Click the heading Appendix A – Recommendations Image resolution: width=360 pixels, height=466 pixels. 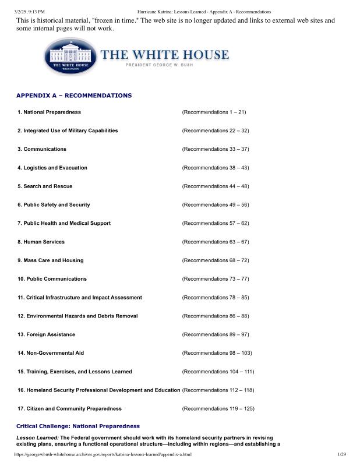pos(74,95)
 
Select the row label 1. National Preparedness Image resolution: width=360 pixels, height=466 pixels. pos(50,112)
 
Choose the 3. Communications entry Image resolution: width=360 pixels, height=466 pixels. pos(42,149)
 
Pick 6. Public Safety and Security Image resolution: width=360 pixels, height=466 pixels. pos(54,205)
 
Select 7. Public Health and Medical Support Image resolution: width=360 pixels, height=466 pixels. pos(64,223)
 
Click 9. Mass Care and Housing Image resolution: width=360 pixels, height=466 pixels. pos(51,260)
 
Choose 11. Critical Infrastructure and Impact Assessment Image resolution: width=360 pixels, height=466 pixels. pos(80,298)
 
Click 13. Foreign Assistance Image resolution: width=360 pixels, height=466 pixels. pos(47,334)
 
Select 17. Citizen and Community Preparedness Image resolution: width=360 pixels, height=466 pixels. pos(70,409)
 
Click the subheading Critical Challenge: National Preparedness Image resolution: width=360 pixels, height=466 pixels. pos(78,426)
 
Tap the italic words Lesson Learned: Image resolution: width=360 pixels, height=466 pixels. pos(37,437)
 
